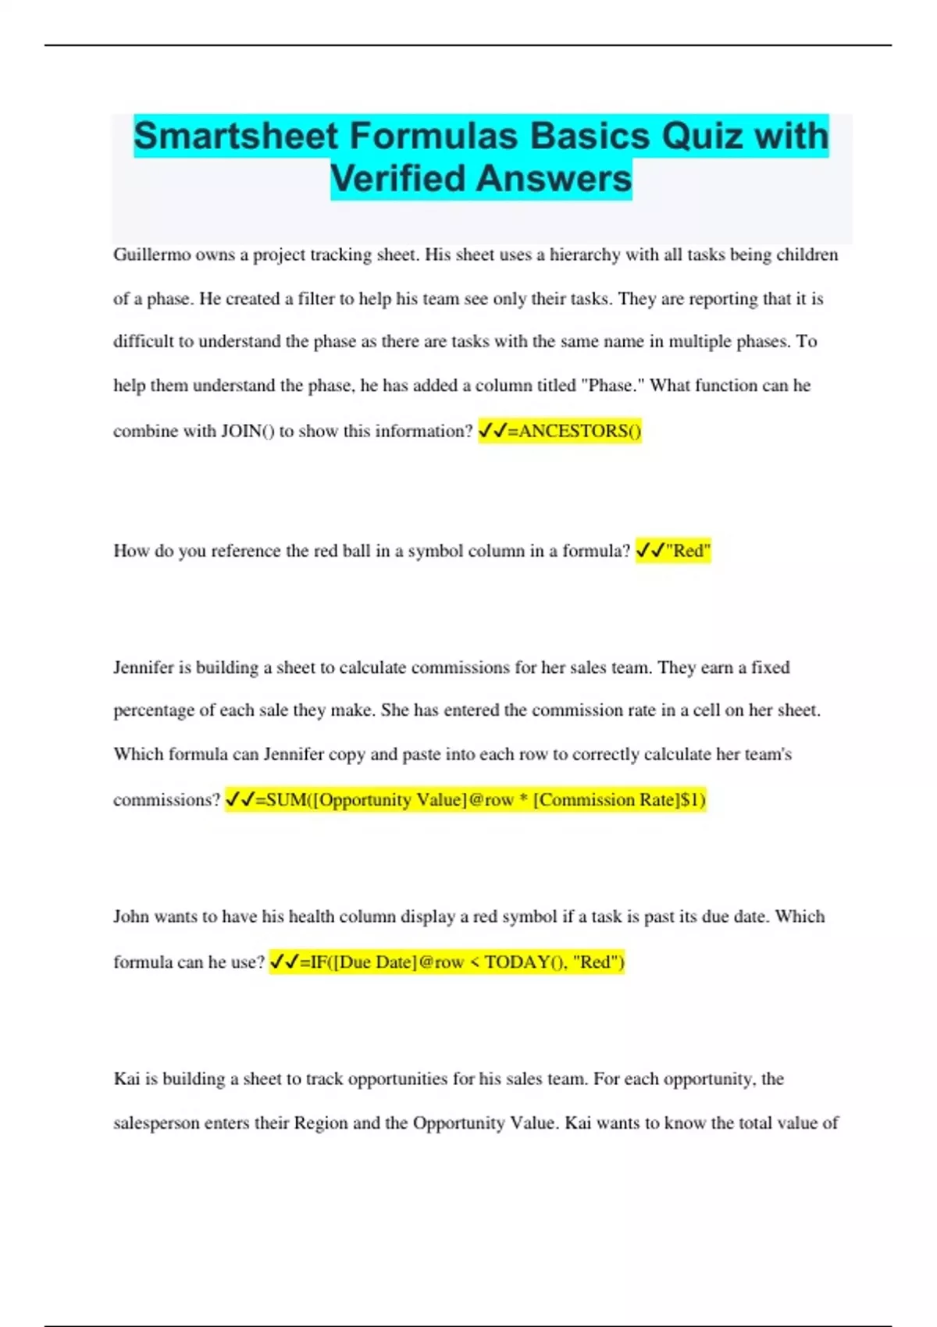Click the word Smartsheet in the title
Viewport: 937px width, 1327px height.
coord(236,137)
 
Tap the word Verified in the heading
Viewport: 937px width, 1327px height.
coord(397,179)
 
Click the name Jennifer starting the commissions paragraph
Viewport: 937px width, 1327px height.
coord(144,667)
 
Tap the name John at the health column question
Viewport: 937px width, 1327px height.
coord(130,916)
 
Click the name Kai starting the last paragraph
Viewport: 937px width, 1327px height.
coord(125,1079)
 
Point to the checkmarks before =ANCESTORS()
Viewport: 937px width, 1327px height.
coord(492,431)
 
